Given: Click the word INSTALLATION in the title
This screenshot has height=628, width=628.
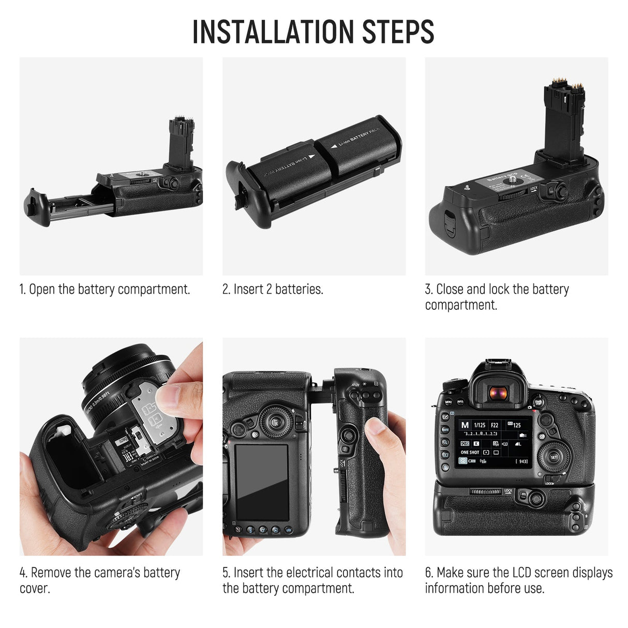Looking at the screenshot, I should tap(274, 32).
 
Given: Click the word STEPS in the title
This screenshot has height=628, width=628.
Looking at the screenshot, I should tap(398, 32).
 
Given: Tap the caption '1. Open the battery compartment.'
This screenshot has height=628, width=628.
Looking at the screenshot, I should tap(104, 289).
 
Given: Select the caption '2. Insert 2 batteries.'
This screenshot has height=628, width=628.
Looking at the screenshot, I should tap(273, 289).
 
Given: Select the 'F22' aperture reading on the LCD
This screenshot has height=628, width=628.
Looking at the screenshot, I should tap(495, 425).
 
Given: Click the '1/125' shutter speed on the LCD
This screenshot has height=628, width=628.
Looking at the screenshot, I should tap(480, 425).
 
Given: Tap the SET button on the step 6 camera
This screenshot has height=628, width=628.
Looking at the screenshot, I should tap(554, 457).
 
